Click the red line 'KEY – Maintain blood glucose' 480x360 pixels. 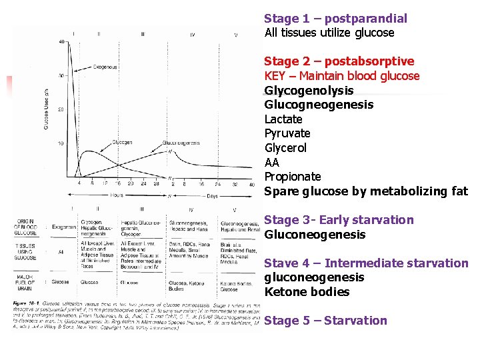[342, 76]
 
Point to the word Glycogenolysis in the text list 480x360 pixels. [309, 91]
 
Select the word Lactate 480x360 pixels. [283, 119]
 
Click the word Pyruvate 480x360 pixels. [287, 133]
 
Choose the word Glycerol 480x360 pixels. [285, 148]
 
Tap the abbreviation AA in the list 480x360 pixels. [272, 163]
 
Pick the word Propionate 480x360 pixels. [293, 177]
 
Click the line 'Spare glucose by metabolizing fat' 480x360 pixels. [366, 191]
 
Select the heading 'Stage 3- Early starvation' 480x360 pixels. [339, 220]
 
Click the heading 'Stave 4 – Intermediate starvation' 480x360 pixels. [366, 263]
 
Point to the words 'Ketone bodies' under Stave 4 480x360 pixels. [297, 292]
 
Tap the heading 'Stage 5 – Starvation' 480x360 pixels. [325, 321]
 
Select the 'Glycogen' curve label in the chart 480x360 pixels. [121, 142]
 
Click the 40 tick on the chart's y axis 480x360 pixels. [62, 41]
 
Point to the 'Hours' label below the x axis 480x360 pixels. [117, 196]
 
